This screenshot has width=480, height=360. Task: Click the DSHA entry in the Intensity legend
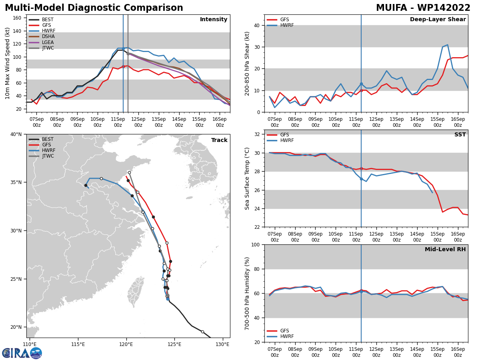point(42,36)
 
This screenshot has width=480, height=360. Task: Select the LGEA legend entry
point(41,42)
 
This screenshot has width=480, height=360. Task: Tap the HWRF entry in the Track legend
point(42,150)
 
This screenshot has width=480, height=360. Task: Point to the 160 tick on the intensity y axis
point(17,18)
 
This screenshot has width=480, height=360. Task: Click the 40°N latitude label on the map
point(16,134)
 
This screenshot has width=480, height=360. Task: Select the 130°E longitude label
point(223,345)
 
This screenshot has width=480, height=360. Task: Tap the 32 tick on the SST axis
point(257,134)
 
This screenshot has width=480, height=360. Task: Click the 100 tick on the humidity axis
point(256,245)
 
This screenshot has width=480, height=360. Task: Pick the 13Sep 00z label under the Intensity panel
point(159,122)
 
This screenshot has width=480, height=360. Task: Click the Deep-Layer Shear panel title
point(438,19)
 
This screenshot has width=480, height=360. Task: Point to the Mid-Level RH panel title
point(445,249)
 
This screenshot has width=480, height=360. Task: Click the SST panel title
point(460,134)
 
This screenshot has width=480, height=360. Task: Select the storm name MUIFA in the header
point(392,8)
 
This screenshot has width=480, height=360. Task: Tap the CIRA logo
point(22,353)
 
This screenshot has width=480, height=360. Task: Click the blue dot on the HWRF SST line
point(361,179)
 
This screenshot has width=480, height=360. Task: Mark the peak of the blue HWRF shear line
point(448,45)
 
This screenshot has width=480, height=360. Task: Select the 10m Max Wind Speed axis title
point(7,63)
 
